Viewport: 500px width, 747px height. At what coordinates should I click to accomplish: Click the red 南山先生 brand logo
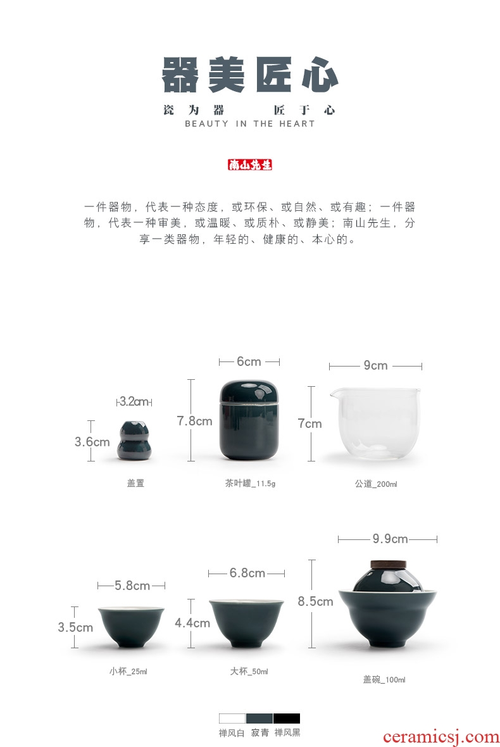250,165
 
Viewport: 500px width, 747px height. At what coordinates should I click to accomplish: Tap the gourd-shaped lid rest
134,441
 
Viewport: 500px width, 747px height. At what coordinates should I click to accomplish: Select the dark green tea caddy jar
249,420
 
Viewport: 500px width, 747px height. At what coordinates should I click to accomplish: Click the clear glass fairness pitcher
375,424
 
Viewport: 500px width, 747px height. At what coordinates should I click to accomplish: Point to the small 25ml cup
131,627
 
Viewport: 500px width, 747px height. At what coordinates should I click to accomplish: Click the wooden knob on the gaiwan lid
387,565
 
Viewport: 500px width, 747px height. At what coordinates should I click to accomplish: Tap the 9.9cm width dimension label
390,539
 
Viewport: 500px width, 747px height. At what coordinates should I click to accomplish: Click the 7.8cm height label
194,421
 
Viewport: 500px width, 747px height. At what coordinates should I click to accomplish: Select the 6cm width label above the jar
249,361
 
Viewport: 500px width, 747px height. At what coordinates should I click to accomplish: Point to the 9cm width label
375,365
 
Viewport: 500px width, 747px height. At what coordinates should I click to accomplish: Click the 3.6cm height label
92,442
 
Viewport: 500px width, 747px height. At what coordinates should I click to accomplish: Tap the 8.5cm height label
315,601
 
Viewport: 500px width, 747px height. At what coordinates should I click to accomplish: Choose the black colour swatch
287,718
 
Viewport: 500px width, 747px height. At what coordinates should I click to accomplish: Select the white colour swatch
232,718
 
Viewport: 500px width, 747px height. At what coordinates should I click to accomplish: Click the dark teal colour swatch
259,718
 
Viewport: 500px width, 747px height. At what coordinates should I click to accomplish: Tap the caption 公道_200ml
376,484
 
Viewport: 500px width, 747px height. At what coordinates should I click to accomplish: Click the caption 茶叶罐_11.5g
250,483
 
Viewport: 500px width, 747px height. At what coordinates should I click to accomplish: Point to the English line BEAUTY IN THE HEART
250,124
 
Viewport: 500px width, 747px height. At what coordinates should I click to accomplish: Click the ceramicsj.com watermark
441,737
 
